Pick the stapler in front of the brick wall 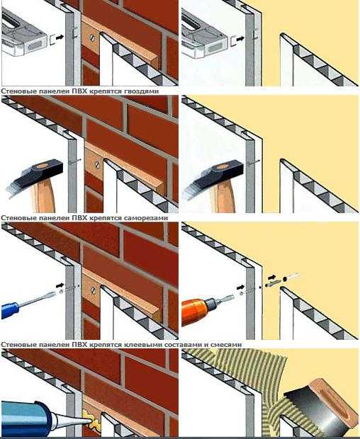(24, 34)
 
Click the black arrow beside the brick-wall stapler (60, 37)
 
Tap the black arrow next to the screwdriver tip (60, 285)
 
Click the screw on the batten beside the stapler (92, 37)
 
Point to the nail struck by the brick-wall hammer (75, 161)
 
